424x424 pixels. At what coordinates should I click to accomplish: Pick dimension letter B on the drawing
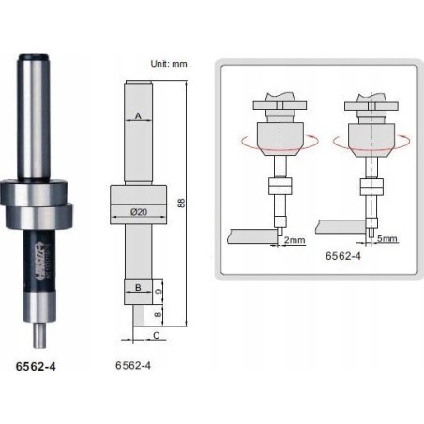[137, 286]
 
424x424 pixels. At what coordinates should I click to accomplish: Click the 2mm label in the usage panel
[293, 240]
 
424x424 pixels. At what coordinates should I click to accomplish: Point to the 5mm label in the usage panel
[386, 240]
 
